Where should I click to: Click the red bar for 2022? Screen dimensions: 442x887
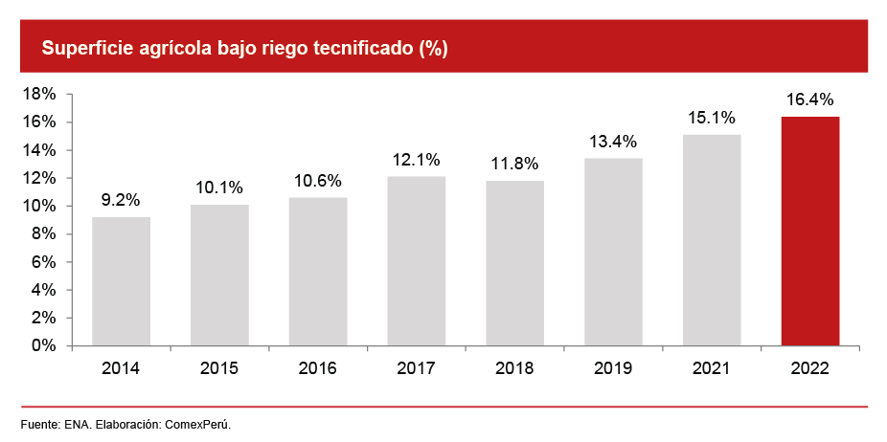pos(810,231)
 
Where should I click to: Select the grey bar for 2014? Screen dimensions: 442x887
pos(121,281)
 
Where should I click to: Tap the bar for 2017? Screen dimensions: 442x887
pos(417,260)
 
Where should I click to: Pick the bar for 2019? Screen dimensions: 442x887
pos(613,252)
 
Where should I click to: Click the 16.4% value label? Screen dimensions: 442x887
pos(810,99)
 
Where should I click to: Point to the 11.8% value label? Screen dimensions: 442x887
pos(514,164)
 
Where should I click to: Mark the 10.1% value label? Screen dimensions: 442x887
pos(219,188)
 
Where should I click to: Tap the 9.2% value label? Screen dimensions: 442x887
pos(121,200)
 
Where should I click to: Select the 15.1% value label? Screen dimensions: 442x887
pos(712,118)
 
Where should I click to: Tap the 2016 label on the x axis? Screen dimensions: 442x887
pos(318,368)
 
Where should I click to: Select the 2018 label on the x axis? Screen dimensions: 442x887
pos(514,368)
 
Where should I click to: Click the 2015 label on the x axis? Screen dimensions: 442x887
pos(219,368)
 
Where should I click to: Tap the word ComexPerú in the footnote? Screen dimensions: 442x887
pos(198,424)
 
